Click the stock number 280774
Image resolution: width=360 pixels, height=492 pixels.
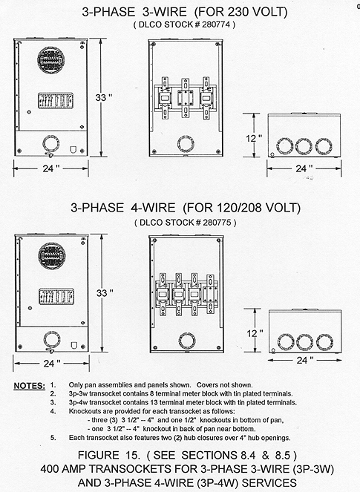(216, 24)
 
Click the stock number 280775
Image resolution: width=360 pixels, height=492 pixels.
(217, 223)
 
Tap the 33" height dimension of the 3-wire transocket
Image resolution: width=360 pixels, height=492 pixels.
(104, 98)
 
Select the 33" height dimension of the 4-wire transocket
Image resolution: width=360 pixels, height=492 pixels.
(105, 293)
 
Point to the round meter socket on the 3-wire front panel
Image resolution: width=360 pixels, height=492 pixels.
(51, 60)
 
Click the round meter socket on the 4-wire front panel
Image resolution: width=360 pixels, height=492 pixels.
(52, 256)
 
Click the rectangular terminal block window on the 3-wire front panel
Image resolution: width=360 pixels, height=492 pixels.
(56, 101)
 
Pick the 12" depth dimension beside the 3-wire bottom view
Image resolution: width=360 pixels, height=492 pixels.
(254, 138)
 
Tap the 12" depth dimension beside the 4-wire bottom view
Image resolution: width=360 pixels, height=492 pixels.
(255, 333)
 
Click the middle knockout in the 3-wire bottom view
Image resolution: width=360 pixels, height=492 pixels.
(304, 146)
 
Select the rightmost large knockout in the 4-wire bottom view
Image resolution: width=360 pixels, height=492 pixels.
(324, 342)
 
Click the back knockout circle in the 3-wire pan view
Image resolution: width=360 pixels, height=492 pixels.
(186, 144)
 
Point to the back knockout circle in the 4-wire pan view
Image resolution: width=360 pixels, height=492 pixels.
(187, 341)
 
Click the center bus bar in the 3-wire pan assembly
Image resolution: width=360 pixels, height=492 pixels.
(186, 98)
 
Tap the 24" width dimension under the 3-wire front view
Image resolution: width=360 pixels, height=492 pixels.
(51, 168)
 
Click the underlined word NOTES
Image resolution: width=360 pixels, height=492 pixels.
(30, 386)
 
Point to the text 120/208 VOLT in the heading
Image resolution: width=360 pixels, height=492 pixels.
(258, 208)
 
